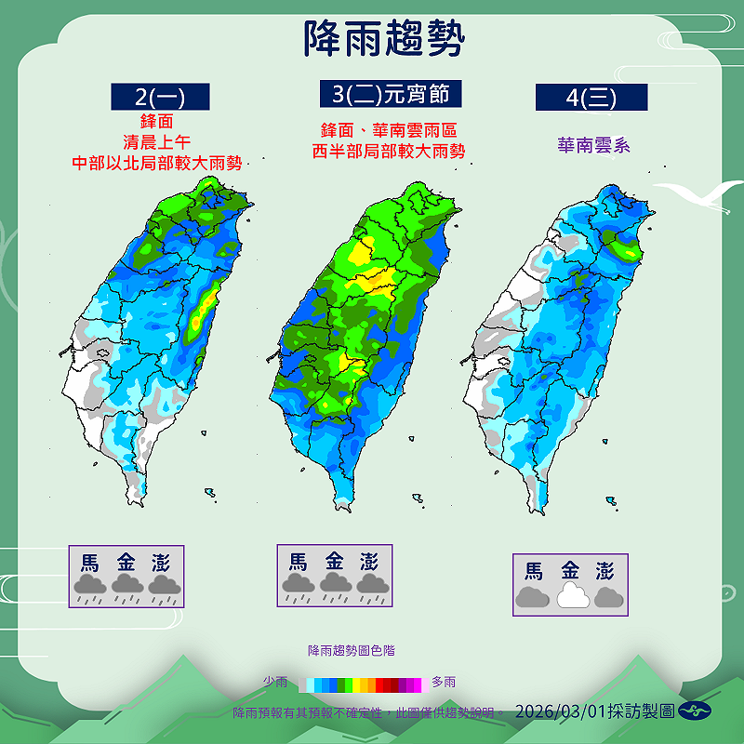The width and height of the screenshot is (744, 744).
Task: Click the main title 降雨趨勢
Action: click(x=383, y=39)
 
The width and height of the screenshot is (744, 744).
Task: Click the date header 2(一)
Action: click(x=160, y=97)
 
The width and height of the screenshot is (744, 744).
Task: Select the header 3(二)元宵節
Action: click(x=390, y=94)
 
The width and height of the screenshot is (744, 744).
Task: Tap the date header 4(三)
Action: click(x=591, y=97)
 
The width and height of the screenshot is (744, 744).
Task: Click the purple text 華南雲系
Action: click(x=592, y=145)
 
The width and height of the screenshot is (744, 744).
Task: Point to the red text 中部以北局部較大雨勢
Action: click(x=157, y=163)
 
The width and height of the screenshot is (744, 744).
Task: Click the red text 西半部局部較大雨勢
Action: click(x=389, y=151)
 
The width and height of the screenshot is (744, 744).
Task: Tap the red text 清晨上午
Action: click(x=156, y=141)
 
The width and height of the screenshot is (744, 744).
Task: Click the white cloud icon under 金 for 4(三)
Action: click(x=569, y=596)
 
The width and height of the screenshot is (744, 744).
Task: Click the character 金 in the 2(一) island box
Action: click(x=126, y=563)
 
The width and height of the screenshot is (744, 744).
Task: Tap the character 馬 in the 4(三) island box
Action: click(x=533, y=571)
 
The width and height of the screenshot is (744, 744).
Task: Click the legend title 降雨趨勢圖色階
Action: click(x=351, y=651)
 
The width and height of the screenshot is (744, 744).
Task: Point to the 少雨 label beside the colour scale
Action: click(x=275, y=683)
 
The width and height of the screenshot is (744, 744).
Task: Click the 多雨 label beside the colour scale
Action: click(x=444, y=683)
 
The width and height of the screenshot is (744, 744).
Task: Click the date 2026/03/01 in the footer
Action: click(x=559, y=711)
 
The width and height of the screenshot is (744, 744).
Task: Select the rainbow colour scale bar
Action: click(x=360, y=684)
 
